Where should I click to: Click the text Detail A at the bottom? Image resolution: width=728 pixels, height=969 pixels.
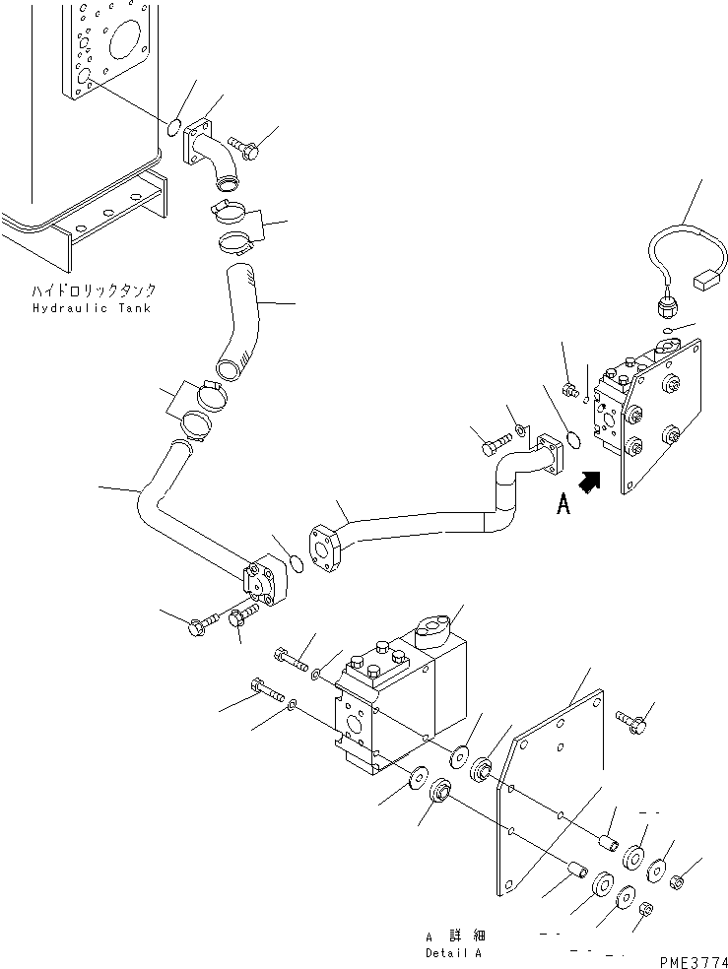(x=455, y=953)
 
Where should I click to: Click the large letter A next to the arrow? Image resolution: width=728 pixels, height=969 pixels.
(x=563, y=504)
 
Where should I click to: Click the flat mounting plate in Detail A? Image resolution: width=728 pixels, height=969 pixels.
(x=552, y=788)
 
